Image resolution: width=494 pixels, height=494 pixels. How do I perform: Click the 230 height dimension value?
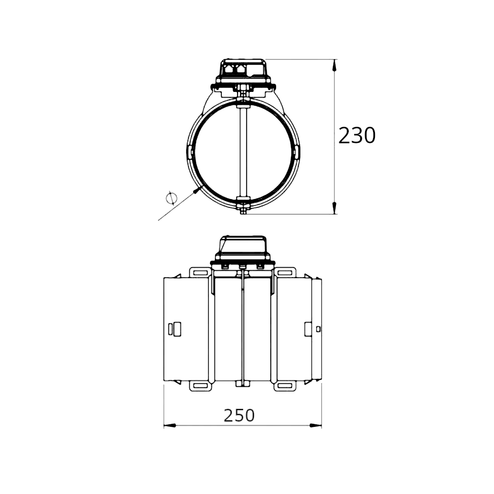(357, 136)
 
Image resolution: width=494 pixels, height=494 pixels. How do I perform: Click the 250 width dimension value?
(239, 415)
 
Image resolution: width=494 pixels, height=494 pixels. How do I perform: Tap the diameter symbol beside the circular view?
(171, 198)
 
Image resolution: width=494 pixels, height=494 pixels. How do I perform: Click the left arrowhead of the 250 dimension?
(169, 425)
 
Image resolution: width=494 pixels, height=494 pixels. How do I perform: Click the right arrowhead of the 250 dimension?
(316, 425)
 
